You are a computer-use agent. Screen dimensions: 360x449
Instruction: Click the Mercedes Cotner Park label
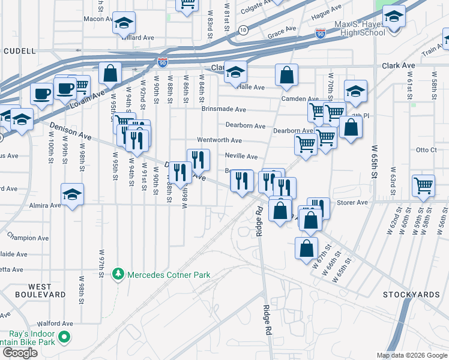169,275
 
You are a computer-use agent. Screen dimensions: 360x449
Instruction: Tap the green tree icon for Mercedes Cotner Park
119,275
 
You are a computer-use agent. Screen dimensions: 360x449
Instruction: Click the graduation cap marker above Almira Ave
72,194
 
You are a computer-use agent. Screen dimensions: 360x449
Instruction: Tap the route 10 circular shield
243,29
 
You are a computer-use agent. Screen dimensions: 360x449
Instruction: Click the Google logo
20,353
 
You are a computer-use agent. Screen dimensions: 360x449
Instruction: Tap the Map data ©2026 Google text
412,355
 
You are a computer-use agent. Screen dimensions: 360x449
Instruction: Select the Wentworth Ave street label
219,140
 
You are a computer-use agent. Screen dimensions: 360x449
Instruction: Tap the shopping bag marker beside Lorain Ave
110,74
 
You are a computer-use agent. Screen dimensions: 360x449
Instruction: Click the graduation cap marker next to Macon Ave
124,23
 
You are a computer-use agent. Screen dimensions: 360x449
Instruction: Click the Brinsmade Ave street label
224,110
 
